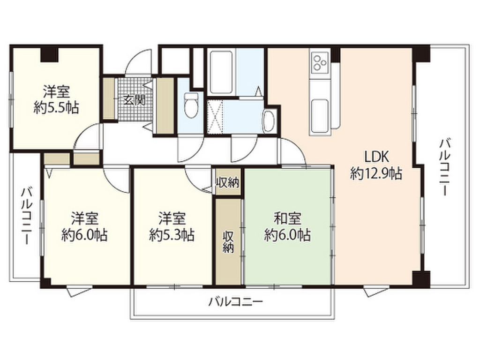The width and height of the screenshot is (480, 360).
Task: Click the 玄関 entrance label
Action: (x=131, y=99)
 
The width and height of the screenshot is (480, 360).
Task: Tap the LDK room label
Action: (x=375, y=157)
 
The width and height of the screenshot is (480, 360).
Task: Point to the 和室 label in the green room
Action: (x=287, y=218)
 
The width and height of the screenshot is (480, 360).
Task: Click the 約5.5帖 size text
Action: (x=56, y=108)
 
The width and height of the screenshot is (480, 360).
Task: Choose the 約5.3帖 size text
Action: (x=172, y=234)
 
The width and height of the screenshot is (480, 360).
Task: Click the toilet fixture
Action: (x=191, y=105)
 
